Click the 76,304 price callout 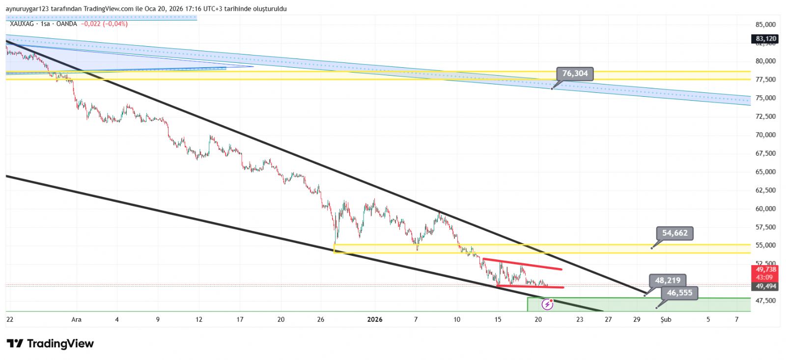tap(575, 74)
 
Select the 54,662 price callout tap(674, 233)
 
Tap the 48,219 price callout tap(668, 280)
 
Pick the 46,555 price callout tap(679, 293)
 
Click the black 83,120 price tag tap(765, 39)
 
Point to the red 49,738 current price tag tap(765, 270)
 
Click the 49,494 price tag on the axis tap(765, 286)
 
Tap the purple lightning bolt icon tap(547, 305)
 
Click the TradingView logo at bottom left tap(50, 344)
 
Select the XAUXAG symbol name tap(22, 24)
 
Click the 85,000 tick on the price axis tap(765, 25)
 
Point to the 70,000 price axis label tap(765, 135)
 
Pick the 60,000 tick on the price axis tap(765, 209)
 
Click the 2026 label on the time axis tap(374, 320)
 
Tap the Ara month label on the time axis tap(76, 320)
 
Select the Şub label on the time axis tap(666, 320)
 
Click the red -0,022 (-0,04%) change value tap(104, 24)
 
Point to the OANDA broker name tap(66, 24)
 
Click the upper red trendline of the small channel tap(522, 264)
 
